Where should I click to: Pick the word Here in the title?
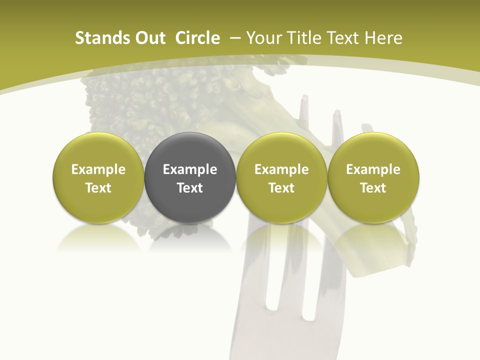(x=382, y=38)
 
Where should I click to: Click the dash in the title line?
(x=233, y=38)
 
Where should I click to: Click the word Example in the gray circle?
(x=190, y=169)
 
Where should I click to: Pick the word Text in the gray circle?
(x=190, y=188)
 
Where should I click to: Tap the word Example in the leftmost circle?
(x=98, y=169)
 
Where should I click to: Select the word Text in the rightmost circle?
(x=373, y=188)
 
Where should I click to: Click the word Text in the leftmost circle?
(x=98, y=188)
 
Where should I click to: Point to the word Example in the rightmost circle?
(x=373, y=169)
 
